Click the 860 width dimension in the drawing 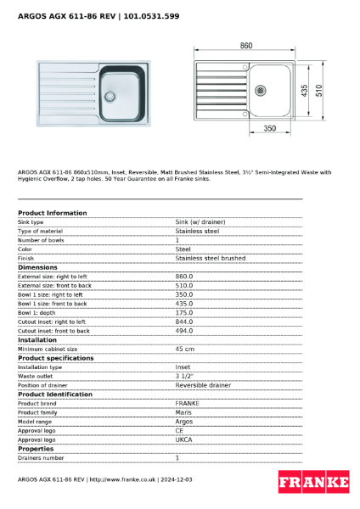point(245,46)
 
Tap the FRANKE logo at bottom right point(313,483)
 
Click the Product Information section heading point(52,213)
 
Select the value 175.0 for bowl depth point(184,312)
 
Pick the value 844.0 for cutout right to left point(184,322)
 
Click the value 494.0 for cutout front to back point(184,331)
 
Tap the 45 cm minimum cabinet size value point(184,349)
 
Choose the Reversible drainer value point(203,384)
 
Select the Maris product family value point(183,411)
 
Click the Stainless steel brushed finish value point(210,258)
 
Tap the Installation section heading point(37,339)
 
